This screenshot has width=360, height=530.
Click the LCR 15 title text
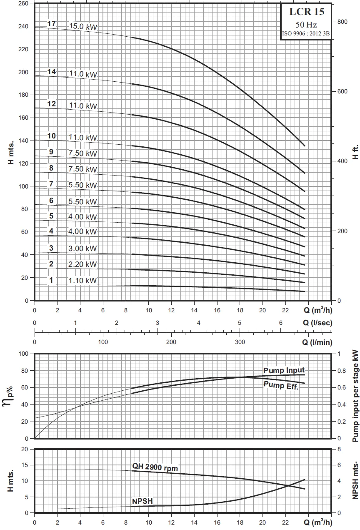(x=306, y=12)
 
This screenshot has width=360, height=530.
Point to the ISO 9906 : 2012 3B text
(x=306, y=34)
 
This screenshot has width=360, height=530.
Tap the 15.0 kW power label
(x=82, y=27)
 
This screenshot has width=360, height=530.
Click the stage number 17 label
(x=52, y=24)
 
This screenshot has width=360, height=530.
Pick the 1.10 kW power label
(x=82, y=281)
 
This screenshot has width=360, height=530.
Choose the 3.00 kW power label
(x=82, y=249)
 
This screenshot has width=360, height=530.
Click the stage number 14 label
(x=52, y=72)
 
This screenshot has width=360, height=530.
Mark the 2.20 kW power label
(x=82, y=264)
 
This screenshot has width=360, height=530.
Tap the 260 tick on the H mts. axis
(x=24, y=3)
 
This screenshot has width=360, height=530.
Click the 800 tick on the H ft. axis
(x=342, y=22)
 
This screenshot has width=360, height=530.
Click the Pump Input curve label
(x=284, y=370)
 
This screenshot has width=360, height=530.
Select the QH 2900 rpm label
(x=155, y=468)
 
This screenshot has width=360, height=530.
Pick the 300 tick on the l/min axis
(x=240, y=342)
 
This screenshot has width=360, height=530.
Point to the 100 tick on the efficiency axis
(x=24, y=354)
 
